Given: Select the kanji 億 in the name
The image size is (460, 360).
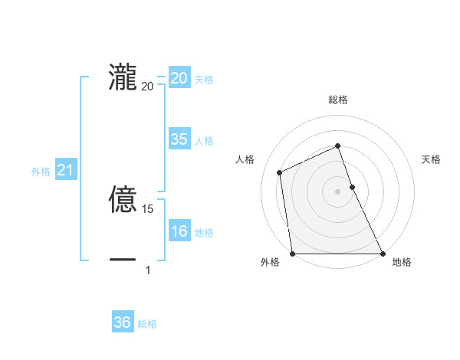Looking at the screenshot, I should point(123,198).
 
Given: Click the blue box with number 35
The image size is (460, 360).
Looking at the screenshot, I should point(179,139).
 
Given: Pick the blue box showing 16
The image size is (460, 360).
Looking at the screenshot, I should point(179,232).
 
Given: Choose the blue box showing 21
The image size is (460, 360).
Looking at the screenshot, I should point(65,171).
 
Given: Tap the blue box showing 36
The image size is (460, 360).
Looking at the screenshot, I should point(123,323).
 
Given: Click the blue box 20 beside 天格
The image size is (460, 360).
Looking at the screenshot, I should point(179,78).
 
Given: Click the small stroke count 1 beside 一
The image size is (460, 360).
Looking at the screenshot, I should point(148,270).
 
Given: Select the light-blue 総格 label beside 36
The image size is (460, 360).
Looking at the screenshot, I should point(147,324).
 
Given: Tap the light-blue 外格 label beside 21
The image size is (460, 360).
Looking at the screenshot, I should point(41,172).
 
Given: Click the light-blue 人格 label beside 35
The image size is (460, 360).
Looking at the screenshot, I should point(204,141).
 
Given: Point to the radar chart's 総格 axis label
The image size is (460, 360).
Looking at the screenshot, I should point(338,100).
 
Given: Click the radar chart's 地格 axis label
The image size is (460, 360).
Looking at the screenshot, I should point(402,262).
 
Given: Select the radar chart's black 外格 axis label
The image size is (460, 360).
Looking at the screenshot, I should point(271,262).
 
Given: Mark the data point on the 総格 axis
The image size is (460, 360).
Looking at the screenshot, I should point(337,146).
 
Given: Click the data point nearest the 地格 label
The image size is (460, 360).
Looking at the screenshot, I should point(382,254).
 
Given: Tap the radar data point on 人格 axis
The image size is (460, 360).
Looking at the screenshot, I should point(280,172).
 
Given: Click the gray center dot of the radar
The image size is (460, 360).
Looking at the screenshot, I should point(337,191).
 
